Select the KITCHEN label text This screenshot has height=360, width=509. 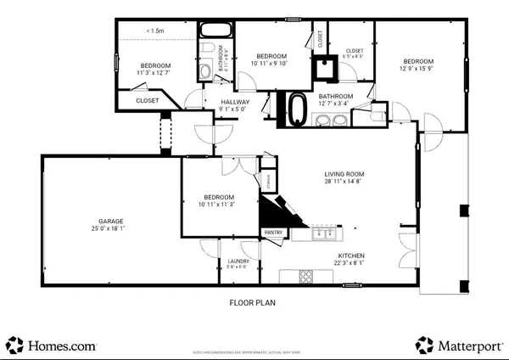(x=351, y=256)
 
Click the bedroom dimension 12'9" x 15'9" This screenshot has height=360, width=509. (x=418, y=70)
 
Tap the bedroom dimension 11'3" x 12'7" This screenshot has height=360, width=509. (x=155, y=74)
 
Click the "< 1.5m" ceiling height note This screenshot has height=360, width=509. (x=155, y=31)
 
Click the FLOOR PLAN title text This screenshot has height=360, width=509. (x=254, y=301)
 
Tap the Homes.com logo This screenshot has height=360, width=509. (x=51, y=345)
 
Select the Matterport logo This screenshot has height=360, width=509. (x=458, y=345)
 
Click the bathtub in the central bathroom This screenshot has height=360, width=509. (x=297, y=109)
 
